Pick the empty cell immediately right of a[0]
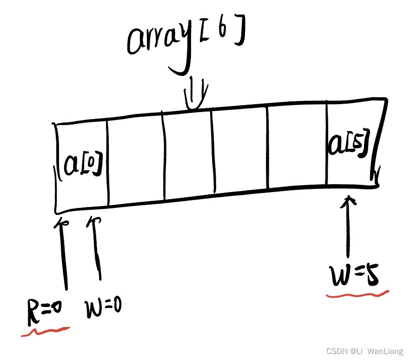click(136, 160)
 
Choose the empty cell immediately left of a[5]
click(298, 149)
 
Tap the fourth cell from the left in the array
click(240, 151)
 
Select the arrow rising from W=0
click(97, 249)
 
